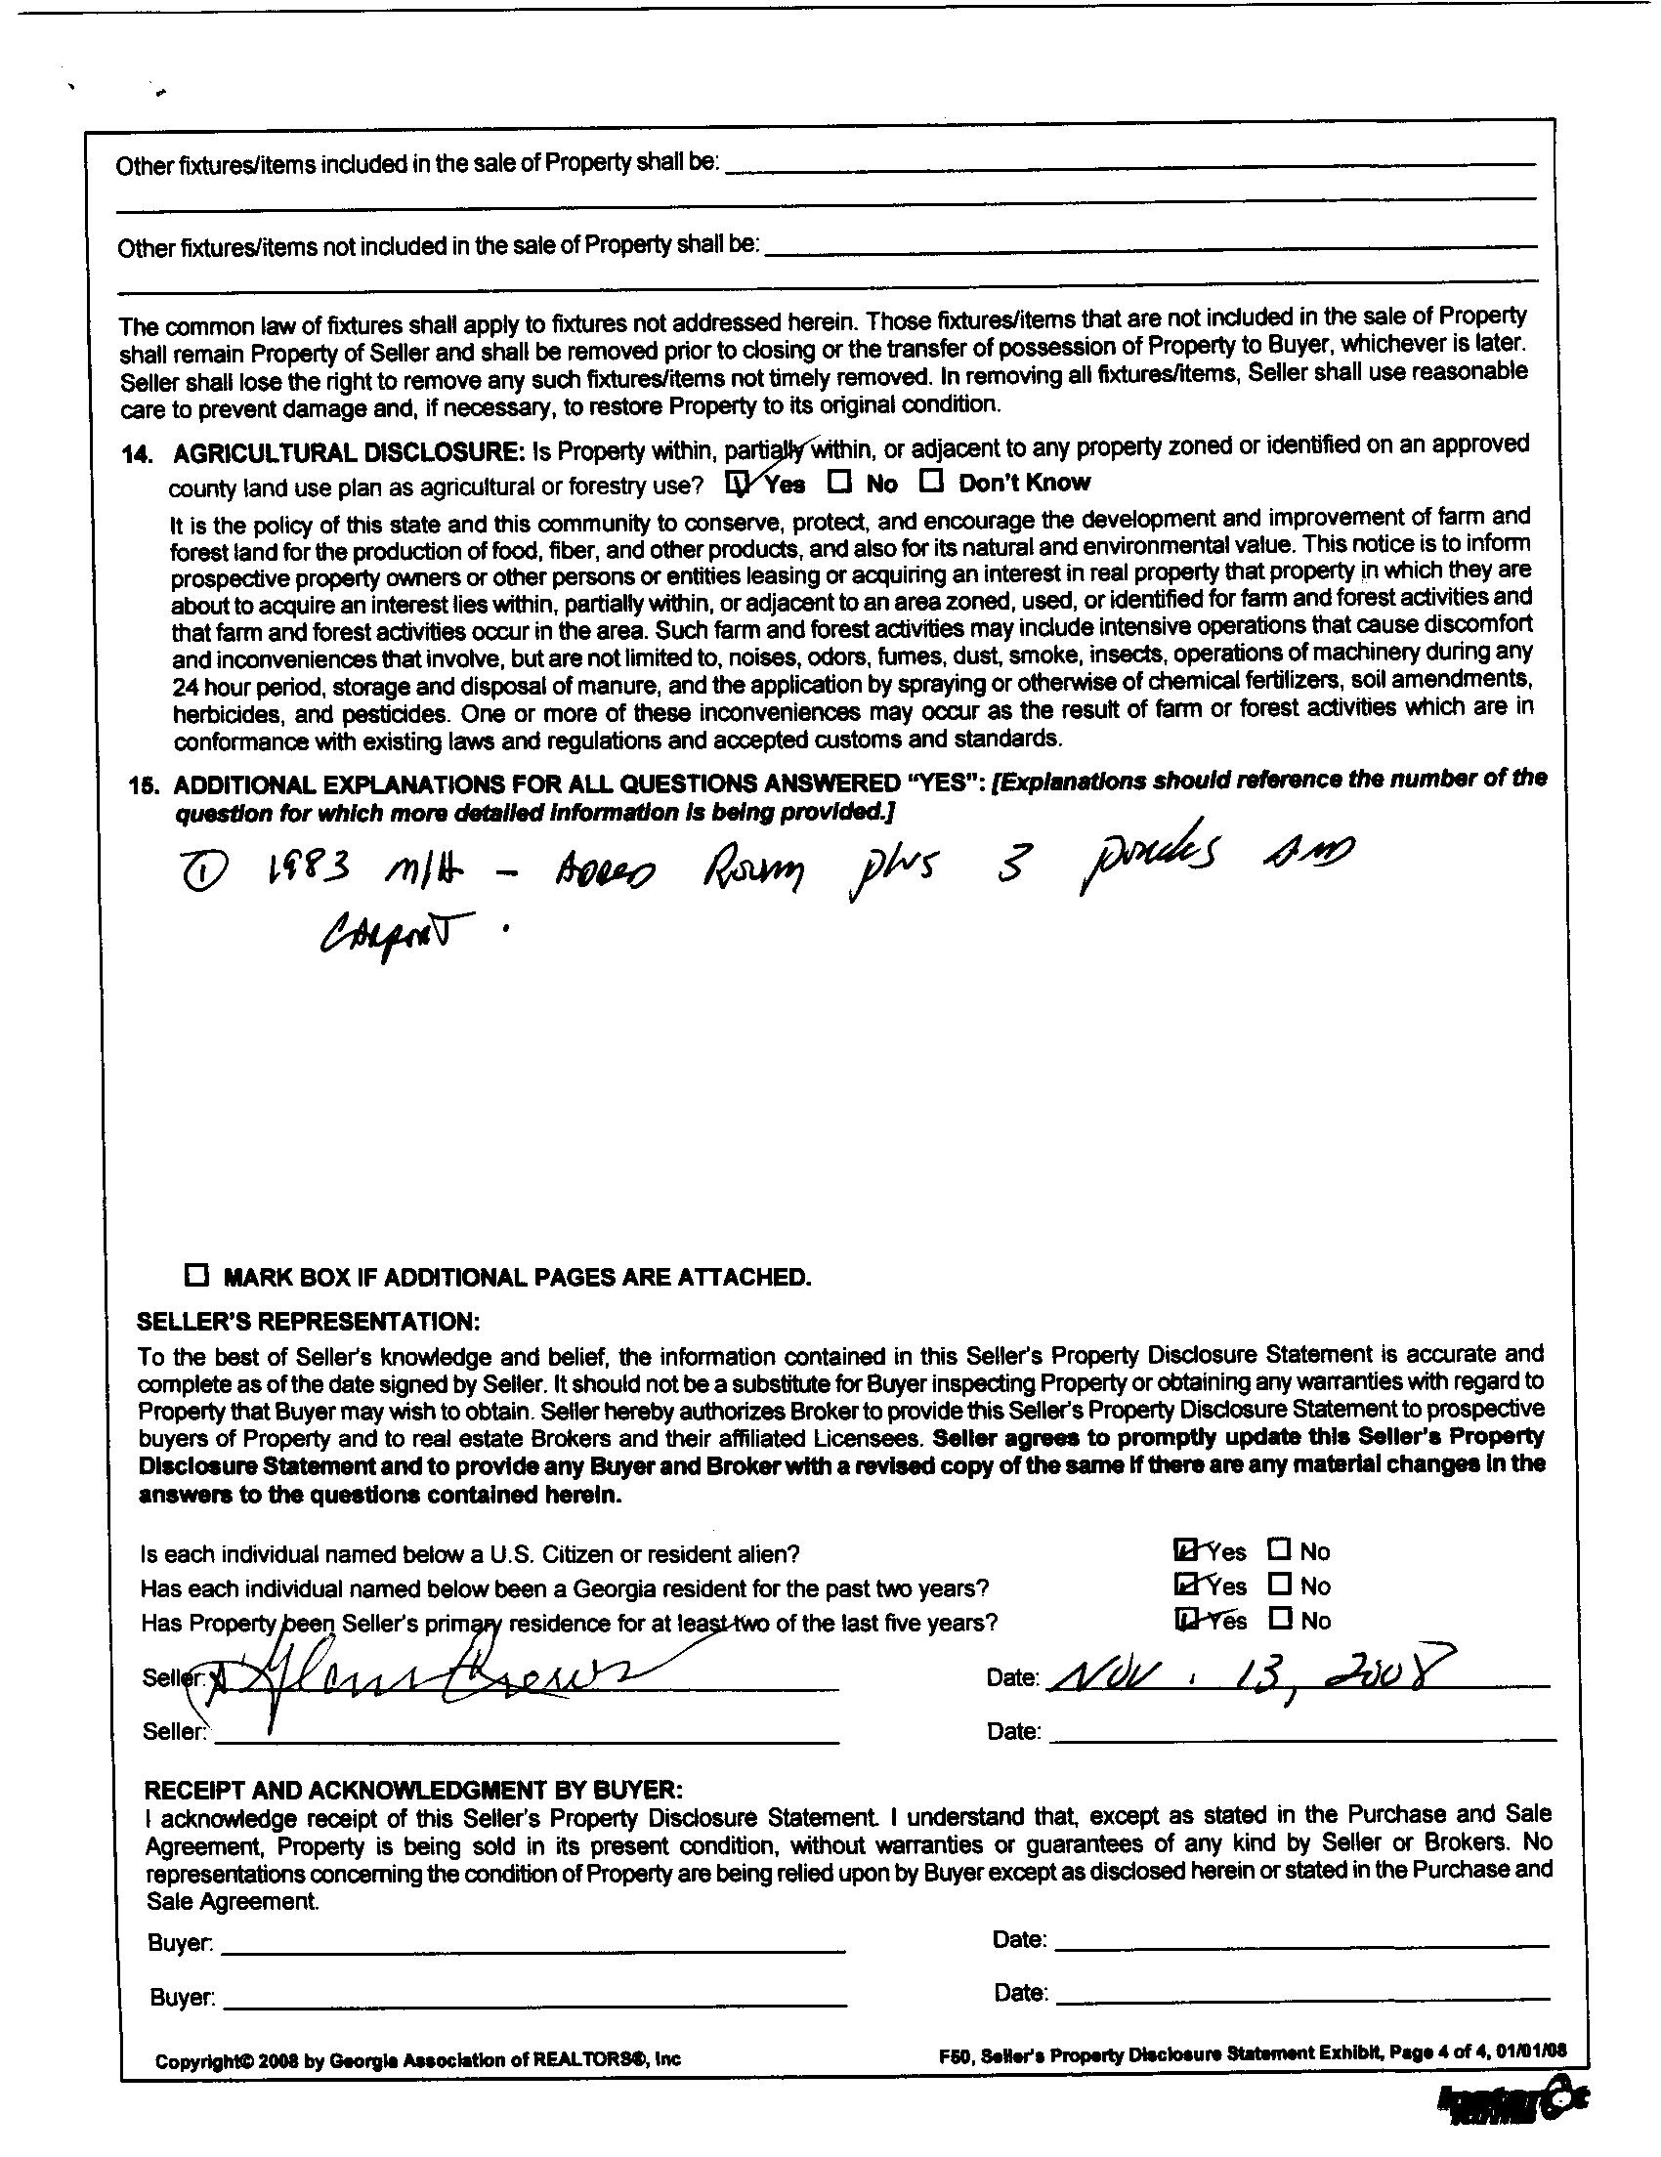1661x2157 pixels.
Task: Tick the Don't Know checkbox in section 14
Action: (x=931, y=482)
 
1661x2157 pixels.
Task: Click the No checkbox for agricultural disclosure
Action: (x=839, y=483)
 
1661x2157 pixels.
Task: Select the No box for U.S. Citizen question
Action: (x=1280, y=1549)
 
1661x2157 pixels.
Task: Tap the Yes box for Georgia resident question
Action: (x=1185, y=1585)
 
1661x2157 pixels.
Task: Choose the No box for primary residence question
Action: (x=1280, y=1619)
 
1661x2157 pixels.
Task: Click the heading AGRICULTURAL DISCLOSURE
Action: (x=348, y=453)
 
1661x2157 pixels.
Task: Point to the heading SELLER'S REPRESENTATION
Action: (x=308, y=1322)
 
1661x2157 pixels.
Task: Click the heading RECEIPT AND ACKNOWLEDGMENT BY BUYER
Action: (x=412, y=1790)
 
